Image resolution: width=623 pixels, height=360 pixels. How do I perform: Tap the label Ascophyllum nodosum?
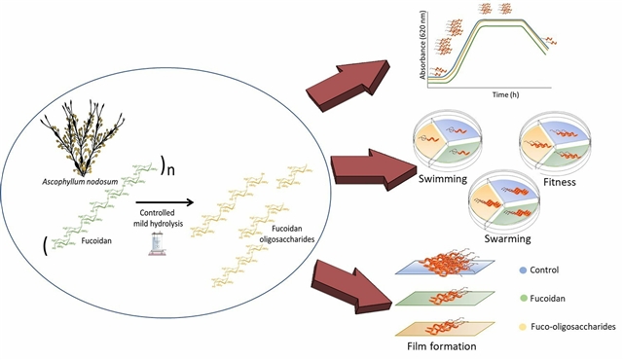click(80, 182)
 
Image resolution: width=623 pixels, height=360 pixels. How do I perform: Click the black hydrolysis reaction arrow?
click(165, 202)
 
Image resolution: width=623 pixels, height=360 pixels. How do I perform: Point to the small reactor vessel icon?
click(158, 244)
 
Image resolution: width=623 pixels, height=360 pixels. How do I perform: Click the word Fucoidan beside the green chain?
click(96, 240)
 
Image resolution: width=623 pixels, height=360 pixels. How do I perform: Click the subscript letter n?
click(170, 170)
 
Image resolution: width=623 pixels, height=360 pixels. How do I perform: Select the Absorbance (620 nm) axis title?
click(422, 45)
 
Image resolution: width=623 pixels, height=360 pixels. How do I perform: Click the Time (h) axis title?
click(505, 94)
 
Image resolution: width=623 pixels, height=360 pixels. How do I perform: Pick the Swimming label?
click(443, 179)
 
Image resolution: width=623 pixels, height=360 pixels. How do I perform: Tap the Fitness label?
click(560, 182)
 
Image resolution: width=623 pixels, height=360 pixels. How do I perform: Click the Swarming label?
click(507, 238)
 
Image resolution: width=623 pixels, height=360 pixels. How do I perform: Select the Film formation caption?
click(441, 346)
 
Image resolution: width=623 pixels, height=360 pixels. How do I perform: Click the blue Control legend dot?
click(523, 270)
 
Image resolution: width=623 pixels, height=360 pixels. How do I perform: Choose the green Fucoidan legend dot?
click(523, 299)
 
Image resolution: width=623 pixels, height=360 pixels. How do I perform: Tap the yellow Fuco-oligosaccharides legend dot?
click(523, 327)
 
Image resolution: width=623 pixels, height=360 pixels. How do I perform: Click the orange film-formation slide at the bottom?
click(445, 329)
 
